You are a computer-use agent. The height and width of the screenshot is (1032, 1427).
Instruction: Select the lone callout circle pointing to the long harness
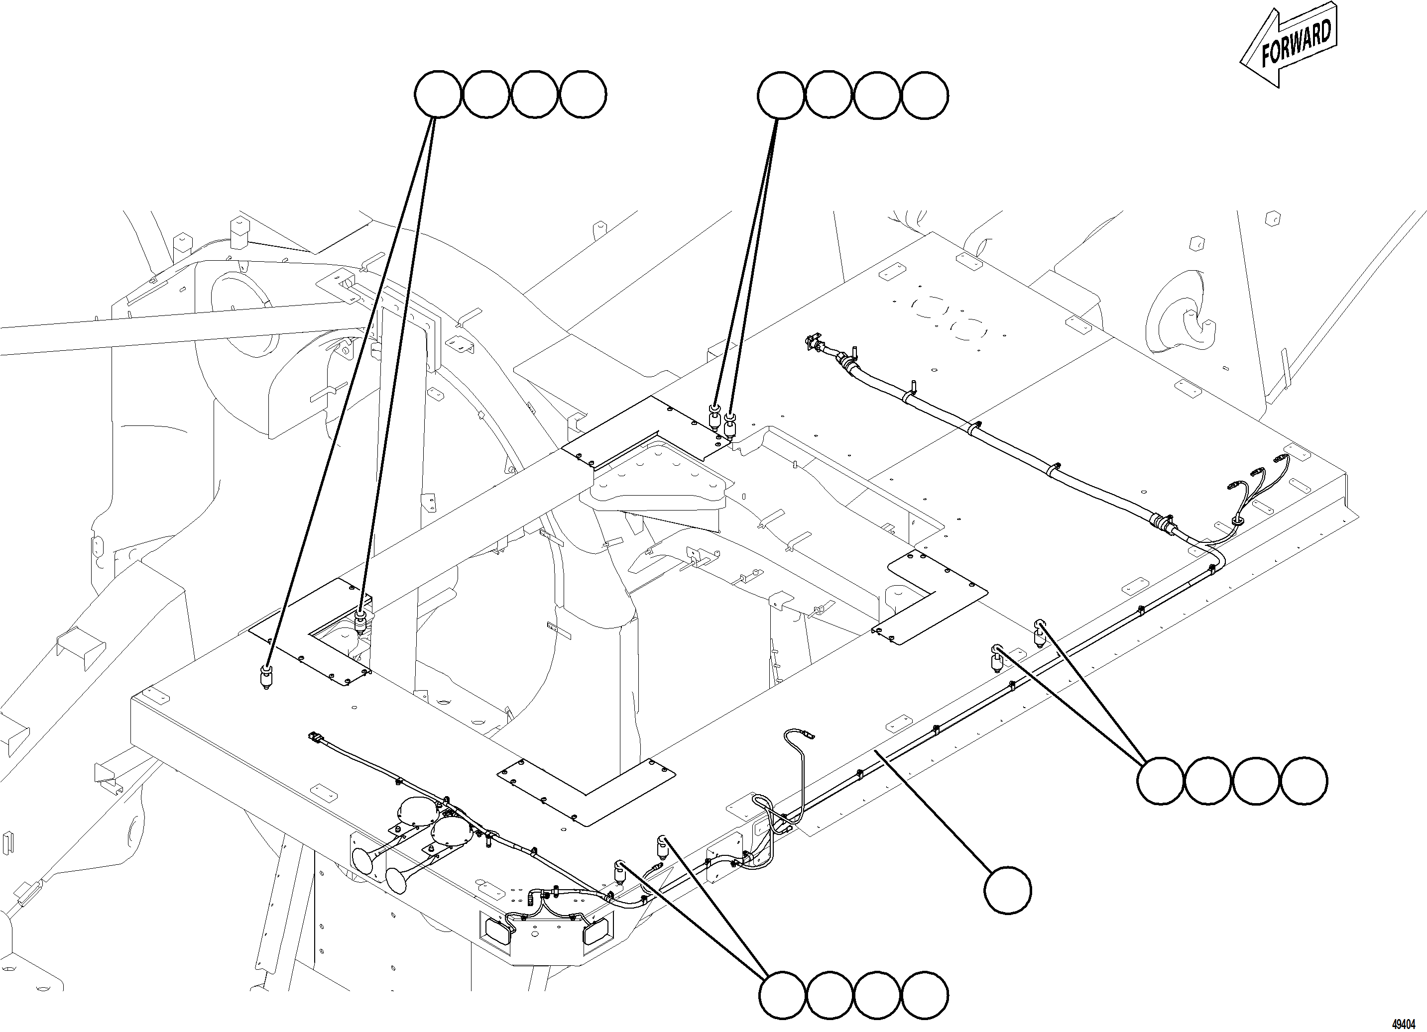click(1007, 889)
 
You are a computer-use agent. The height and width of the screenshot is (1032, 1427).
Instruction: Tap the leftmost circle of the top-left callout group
click(438, 95)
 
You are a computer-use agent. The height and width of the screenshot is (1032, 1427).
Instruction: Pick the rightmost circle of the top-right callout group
click(924, 96)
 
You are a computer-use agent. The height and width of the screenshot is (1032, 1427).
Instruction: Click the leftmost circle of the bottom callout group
click(783, 995)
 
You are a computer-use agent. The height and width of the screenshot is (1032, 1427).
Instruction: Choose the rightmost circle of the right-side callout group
click(1304, 781)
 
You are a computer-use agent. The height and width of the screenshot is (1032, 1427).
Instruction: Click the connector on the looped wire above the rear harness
click(809, 734)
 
